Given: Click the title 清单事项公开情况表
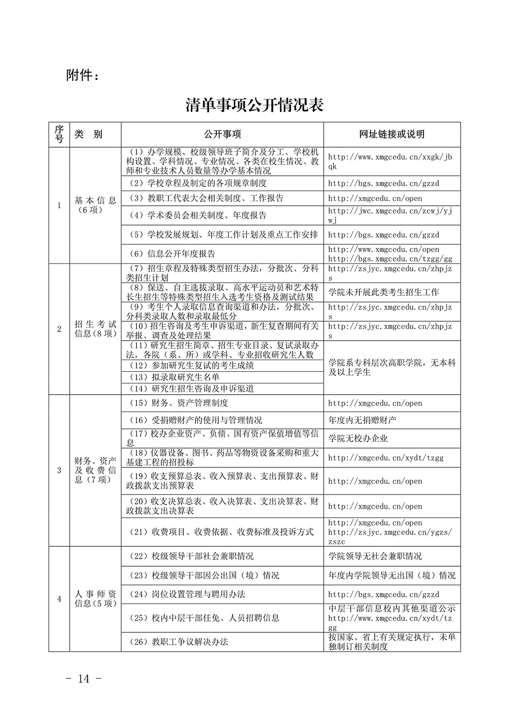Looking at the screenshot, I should tap(254, 105).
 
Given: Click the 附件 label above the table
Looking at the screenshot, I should tap(83, 75).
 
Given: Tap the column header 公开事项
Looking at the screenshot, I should tap(222, 134).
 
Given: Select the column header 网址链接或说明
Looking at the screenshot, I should tap(392, 134).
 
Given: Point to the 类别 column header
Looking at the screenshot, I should tap(89, 134).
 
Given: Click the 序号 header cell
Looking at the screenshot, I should tap(59, 134).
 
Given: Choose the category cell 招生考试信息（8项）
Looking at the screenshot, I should tap(95, 329).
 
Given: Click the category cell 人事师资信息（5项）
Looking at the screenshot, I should tap(95, 599).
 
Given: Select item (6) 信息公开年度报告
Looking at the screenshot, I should tap(174, 254).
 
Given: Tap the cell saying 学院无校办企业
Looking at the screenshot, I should tap(358, 438).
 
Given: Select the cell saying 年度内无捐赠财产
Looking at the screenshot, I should tap(362, 420).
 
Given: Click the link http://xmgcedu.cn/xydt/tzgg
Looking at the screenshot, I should tap(386, 458).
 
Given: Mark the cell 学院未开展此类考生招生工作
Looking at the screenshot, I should tap(383, 292).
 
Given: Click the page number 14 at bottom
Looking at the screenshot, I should tap(84, 678).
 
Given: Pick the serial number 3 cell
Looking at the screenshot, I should tap(59, 470).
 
